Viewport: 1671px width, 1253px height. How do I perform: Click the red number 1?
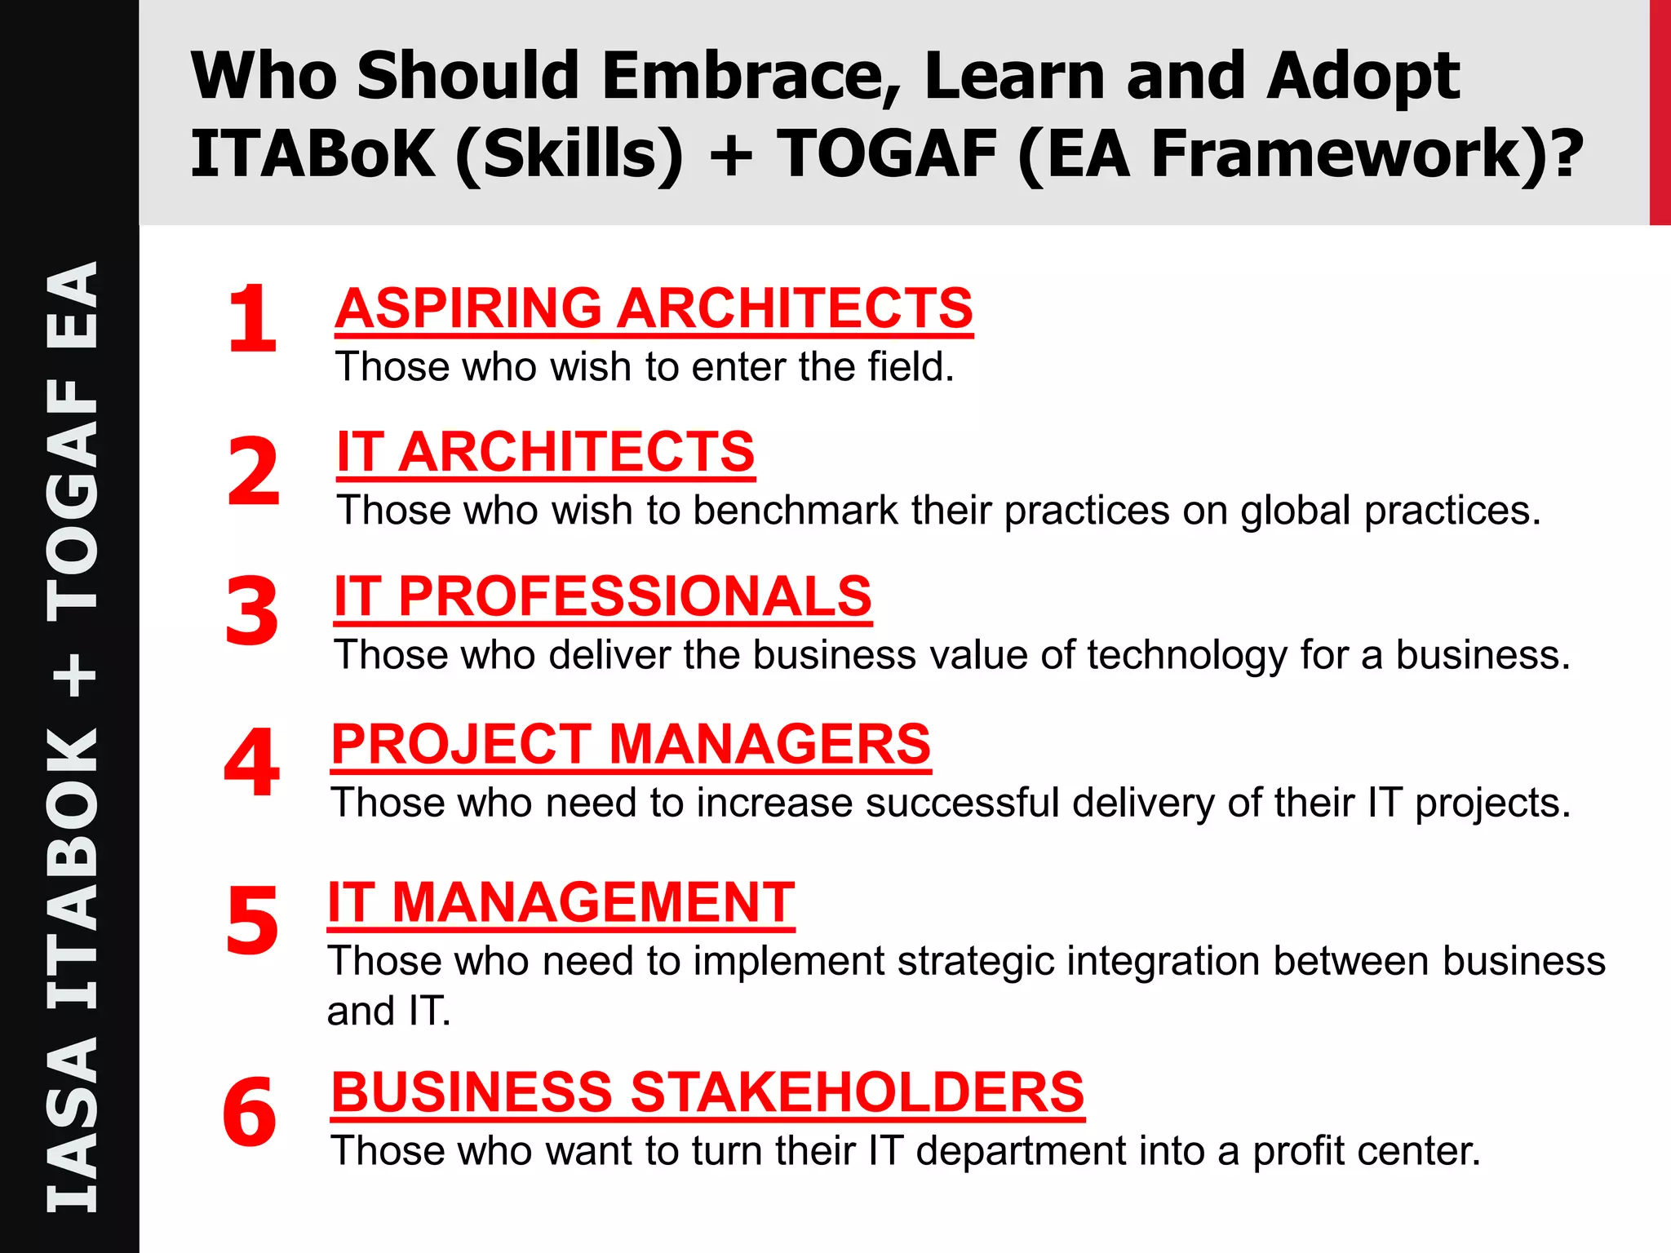tap(252, 319)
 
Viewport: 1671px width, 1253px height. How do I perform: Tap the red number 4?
tap(252, 763)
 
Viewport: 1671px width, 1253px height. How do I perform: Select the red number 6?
tap(250, 1112)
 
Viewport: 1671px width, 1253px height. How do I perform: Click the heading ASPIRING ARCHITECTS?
tap(654, 308)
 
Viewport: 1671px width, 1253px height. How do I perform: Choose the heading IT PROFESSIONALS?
tap(603, 596)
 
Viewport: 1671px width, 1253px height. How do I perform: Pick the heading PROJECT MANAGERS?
tap(631, 744)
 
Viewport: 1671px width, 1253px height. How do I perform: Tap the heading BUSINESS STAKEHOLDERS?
tap(707, 1092)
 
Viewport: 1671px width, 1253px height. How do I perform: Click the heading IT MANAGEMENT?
tap(561, 902)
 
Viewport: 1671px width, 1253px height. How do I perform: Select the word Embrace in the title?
tap(751, 76)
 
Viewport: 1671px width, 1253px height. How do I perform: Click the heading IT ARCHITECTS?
tap(545, 452)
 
